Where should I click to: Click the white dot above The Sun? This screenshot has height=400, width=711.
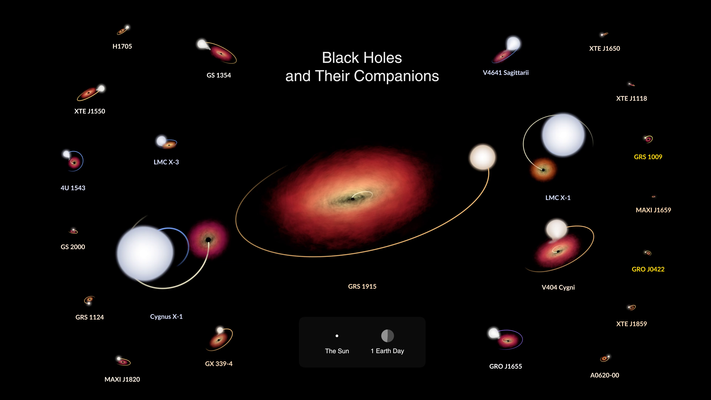tap(337, 336)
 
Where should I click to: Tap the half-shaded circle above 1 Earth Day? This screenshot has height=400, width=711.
tap(388, 336)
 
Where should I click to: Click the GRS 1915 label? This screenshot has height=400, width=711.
tap(362, 286)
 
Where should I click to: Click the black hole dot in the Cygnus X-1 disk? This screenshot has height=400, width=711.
tap(208, 240)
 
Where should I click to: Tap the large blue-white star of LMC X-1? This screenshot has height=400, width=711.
tap(563, 135)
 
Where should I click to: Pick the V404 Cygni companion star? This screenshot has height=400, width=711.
tap(556, 229)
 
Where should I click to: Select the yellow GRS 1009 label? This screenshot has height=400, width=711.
tap(648, 157)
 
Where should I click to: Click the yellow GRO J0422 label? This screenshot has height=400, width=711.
tap(648, 269)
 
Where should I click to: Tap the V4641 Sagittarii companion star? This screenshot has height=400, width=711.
tap(513, 43)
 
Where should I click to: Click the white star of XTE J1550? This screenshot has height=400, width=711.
tap(101, 88)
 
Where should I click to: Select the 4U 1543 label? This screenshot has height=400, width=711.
tap(73, 188)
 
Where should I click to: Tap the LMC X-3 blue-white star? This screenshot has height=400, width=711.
tap(161, 141)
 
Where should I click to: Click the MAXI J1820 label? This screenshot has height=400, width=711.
tap(122, 379)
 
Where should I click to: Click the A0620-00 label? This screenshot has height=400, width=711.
tap(605, 375)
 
